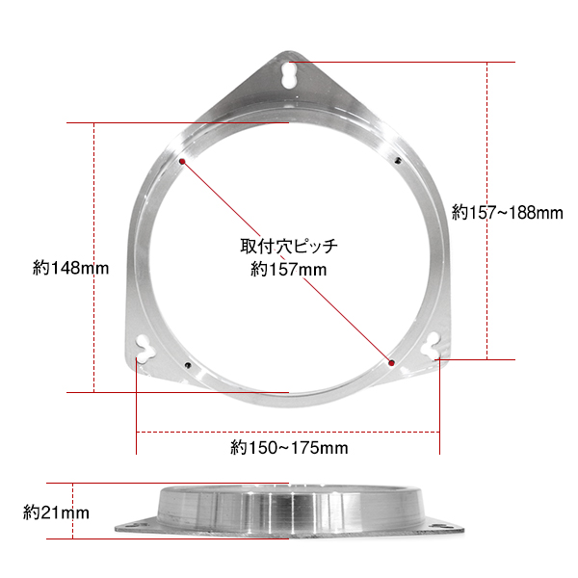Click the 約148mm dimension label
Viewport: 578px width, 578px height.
coord(70,268)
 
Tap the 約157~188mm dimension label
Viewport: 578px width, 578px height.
coord(508,213)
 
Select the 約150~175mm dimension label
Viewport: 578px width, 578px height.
coord(289,448)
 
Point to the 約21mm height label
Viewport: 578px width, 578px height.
coord(56,512)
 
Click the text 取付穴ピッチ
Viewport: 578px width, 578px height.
coord(289,247)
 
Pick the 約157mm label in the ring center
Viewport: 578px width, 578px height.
coord(289,270)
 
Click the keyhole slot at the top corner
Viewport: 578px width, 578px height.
coord(289,75)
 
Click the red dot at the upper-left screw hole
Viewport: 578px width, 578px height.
coord(182,162)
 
